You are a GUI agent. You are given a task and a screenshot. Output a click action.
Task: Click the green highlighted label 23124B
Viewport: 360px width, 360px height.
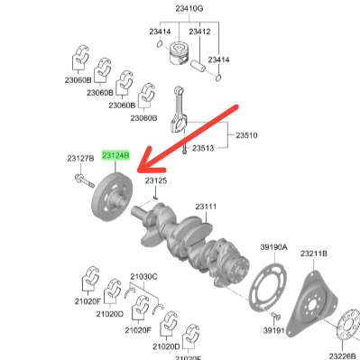click(115, 155)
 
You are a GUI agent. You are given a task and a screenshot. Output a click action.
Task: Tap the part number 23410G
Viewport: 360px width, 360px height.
click(189, 8)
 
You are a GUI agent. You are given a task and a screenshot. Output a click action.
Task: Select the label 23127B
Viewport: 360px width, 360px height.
click(80, 158)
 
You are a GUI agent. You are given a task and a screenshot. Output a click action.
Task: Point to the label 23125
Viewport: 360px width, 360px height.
click(156, 180)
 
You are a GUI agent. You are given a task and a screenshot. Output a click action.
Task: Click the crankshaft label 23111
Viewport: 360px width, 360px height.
click(206, 207)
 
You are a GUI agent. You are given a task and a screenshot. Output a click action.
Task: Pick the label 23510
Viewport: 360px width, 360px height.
click(246, 135)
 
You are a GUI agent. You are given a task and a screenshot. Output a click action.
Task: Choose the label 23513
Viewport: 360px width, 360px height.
click(203, 148)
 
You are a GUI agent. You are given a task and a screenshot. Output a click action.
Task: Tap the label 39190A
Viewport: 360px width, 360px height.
click(273, 247)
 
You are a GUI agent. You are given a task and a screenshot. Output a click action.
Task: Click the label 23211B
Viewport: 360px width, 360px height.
click(314, 254)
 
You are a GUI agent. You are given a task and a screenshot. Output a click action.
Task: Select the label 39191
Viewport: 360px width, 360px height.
click(274, 330)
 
